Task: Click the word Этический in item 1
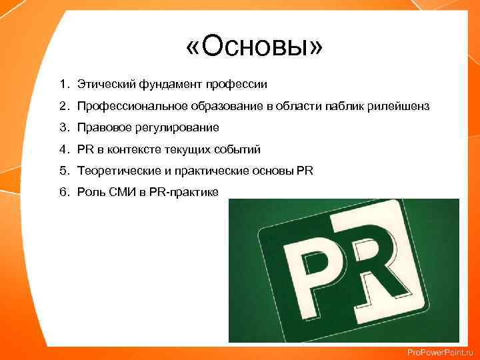tap(100, 85)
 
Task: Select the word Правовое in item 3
tap(101, 127)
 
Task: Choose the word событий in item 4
tap(241, 149)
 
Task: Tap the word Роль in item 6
tap(90, 192)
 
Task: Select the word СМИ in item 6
tap(121, 192)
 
